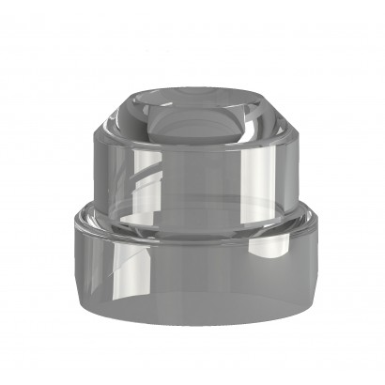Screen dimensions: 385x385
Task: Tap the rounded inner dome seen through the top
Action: [192, 120]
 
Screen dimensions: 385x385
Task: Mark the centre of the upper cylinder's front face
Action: [192, 178]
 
